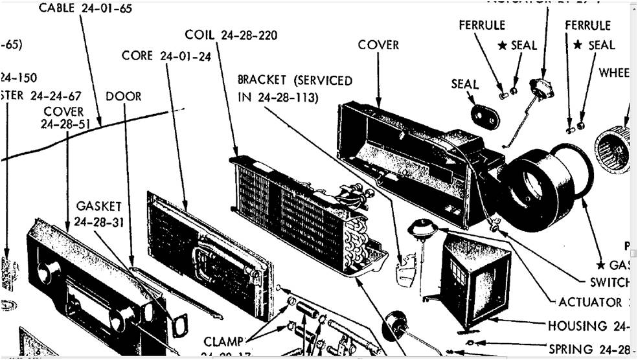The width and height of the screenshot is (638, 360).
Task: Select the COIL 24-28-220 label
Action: coord(231,35)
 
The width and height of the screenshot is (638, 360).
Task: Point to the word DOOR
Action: coord(123,96)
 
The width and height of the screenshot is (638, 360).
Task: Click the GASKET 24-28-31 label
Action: coord(98,213)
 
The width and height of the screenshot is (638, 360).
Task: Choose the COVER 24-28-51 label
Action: coord(63,118)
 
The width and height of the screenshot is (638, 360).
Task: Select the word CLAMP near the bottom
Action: coord(222,341)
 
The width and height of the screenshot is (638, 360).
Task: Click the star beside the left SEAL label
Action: coord(502,45)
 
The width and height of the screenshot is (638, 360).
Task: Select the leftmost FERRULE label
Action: coord(482,26)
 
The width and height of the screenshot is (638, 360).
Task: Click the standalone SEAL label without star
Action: coord(464,84)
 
